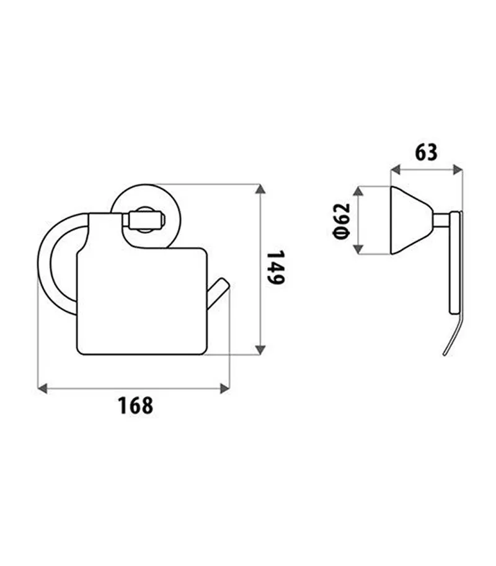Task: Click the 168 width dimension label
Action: pos(136,406)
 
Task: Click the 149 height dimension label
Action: pos(276,267)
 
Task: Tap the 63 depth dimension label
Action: pos(426,152)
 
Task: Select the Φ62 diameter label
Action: pos(342,221)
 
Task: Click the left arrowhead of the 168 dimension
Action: pos(43,389)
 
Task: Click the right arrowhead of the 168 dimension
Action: pos(224,389)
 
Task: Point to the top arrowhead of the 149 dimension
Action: pos(260,189)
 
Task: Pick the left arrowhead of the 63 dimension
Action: pos(396,169)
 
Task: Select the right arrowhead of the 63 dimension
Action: pos(458,169)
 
